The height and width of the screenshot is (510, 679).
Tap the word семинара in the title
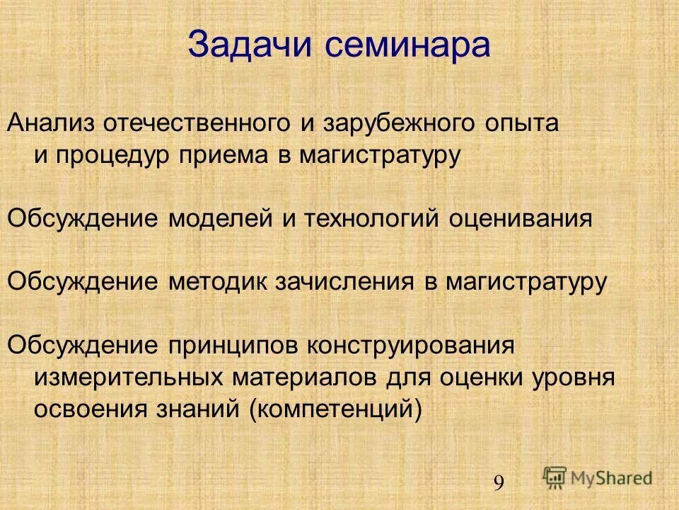click(x=408, y=46)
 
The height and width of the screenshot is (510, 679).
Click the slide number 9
click(x=499, y=483)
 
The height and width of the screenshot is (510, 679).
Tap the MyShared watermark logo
click(x=598, y=477)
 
